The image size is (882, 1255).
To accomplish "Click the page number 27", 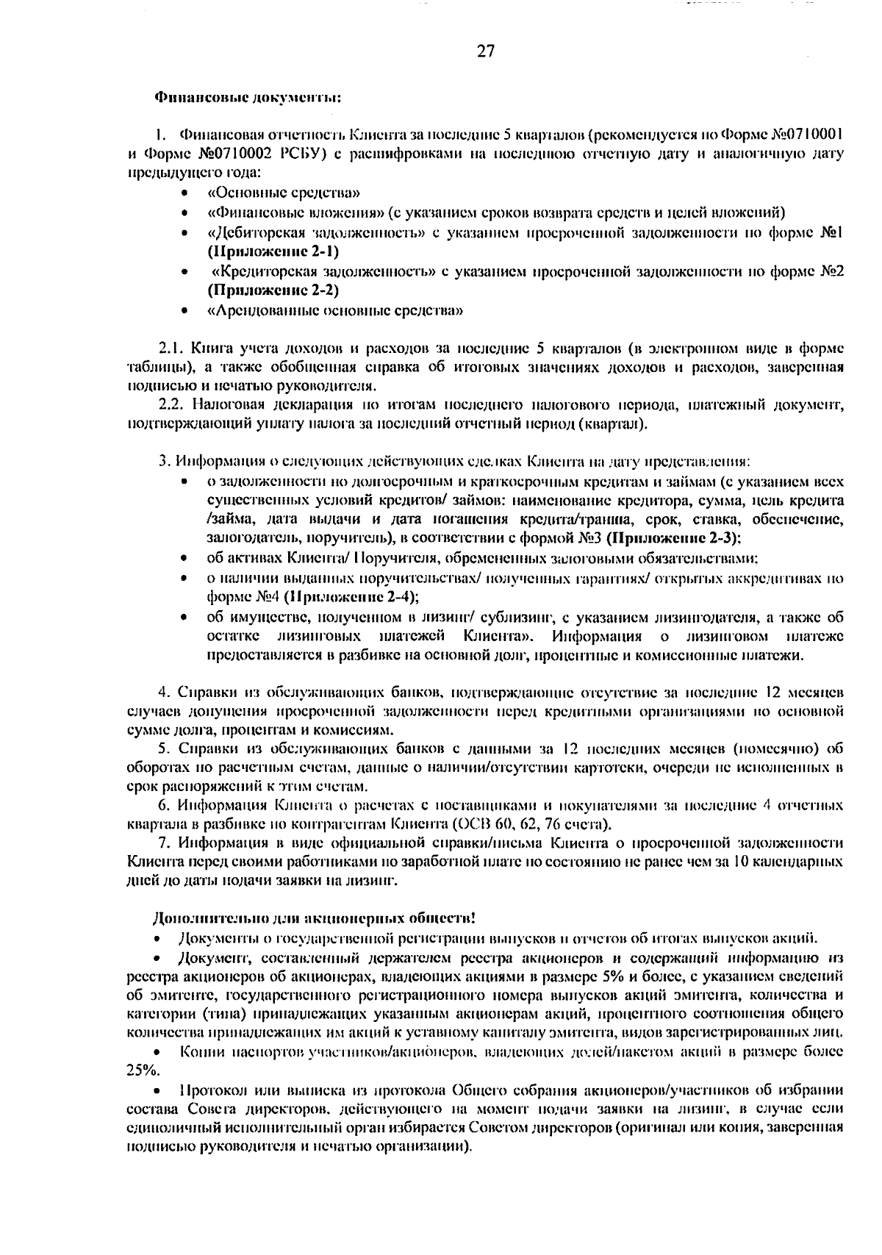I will [x=486, y=51].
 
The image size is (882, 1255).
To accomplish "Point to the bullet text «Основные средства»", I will [x=284, y=193].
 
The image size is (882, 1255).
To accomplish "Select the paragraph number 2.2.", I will [x=173, y=404].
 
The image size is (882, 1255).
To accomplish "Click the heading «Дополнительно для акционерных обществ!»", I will [x=313, y=919].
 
